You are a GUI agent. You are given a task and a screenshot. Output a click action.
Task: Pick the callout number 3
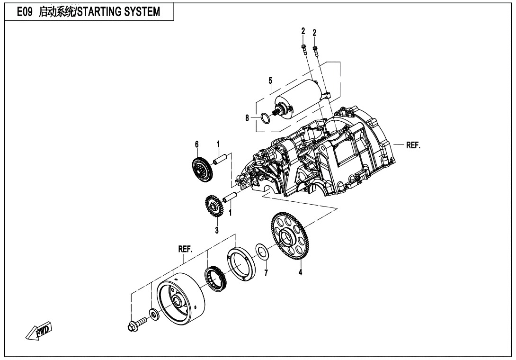pos(216,231)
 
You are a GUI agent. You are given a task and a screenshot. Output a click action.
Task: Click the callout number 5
pos(270,81)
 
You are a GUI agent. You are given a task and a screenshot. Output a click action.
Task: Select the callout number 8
pos(247,118)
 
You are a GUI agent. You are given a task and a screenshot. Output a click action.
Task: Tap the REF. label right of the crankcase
pos(413,145)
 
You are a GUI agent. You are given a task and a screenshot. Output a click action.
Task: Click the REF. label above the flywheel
pos(185,249)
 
